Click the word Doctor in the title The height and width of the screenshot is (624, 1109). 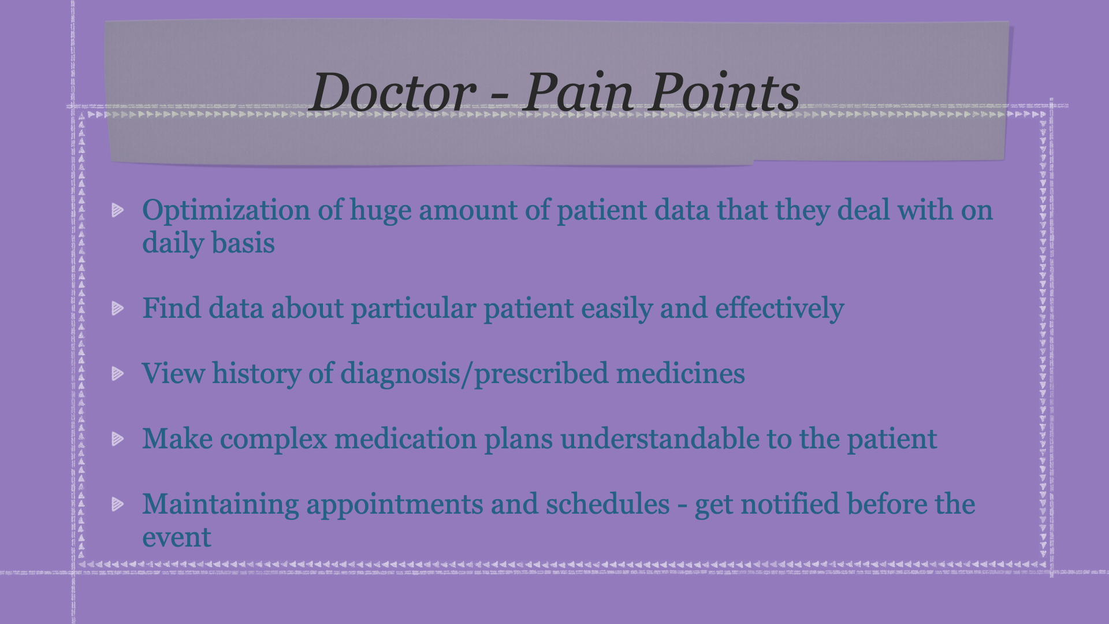[393, 92]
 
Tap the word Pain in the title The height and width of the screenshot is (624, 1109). [580, 92]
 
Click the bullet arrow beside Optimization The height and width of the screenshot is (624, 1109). [118, 210]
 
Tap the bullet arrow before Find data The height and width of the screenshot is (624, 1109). [118, 308]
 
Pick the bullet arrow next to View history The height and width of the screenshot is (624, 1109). [118, 373]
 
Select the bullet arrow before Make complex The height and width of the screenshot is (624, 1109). [118, 439]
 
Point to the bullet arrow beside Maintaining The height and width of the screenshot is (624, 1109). [118, 504]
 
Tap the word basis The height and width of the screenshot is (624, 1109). [243, 243]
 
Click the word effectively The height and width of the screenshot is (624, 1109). [780, 309]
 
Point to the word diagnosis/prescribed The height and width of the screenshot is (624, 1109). [474, 374]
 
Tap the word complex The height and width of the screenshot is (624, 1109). [274, 440]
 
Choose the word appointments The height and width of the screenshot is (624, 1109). [395, 505]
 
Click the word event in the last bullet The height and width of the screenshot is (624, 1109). [177, 538]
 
